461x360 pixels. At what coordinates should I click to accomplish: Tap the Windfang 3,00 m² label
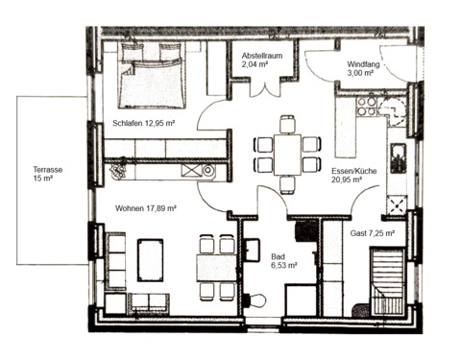point(368,66)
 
